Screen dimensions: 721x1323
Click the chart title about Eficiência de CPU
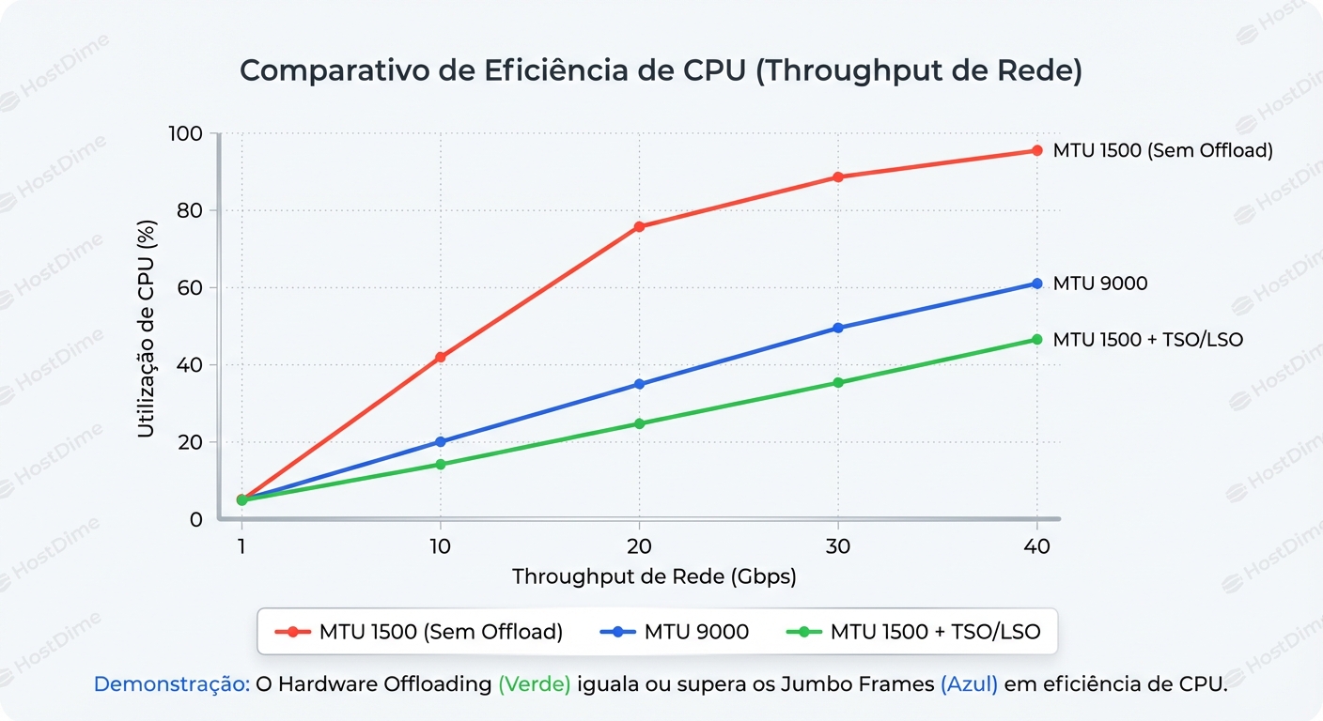[x=661, y=72]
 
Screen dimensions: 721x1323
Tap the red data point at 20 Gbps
[x=639, y=226]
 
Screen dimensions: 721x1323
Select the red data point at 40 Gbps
[x=1037, y=150]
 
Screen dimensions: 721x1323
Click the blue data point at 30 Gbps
[x=838, y=328]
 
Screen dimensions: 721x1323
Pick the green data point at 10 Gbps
[x=441, y=464]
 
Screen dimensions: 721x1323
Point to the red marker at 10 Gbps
[x=441, y=357]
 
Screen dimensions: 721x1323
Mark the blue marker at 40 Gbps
[x=1037, y=284]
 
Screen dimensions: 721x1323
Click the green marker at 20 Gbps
[x=639, y=423]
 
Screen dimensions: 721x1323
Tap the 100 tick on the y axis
[x=185, y=134]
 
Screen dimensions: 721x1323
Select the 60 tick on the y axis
[x=191, y=288]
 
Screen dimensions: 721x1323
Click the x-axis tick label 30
[x=838, y=546]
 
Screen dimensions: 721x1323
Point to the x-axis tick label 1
[x=241, y=546]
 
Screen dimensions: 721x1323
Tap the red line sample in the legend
[x=292, y=632]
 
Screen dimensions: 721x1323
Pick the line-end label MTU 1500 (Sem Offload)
[x=1162, y=150]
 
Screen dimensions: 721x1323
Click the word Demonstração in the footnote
[x=172, y=684]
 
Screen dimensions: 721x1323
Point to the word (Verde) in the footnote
[x=534, y=684]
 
